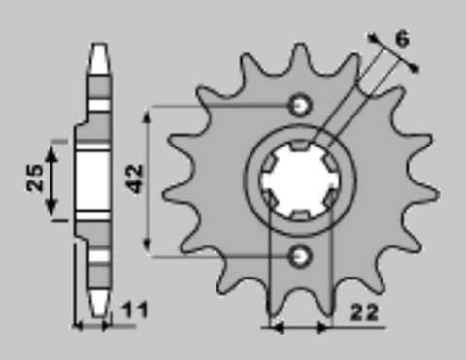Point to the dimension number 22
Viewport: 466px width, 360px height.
pyautogui.click(x=364, y=312)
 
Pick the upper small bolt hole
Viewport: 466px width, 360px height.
pyautogui.click(x=300, y=104)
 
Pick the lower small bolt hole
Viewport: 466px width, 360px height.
pyautogui.click(x=300, y=255)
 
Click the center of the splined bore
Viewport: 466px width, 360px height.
pyautogui.click(x=300, y=180)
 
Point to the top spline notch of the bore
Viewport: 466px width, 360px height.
pyautogui.click(x=300, y=146)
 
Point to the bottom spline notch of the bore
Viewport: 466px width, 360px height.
pyautogui.click(x=300, y=213)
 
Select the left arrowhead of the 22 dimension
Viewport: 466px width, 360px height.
pyautogui.click(x=274, y=325)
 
